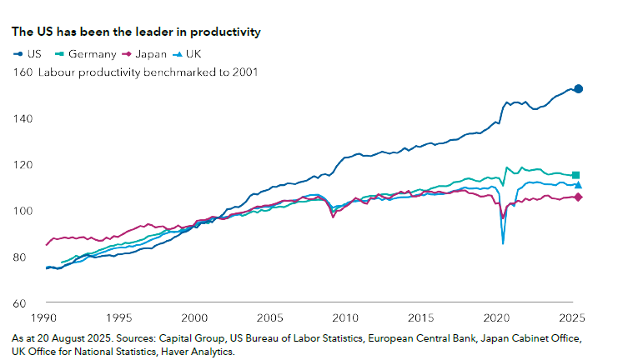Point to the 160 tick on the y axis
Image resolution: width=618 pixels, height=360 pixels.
coord(23,72)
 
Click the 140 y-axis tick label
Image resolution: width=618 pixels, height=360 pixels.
coord(23,119)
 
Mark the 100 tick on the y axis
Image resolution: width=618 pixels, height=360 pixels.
coord(23,211)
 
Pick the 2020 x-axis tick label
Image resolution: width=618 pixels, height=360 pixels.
coord(496,318)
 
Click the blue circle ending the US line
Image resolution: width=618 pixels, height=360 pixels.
coord(578,88)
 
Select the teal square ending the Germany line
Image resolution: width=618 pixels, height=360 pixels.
coord(575,175)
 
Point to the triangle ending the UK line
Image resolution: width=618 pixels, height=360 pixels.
coord(578,185)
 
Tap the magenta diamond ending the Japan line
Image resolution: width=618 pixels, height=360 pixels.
coord(578,197)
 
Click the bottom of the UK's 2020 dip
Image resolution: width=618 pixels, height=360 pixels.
coord(503,242)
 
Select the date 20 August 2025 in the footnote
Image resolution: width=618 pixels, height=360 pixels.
coord(75,339)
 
